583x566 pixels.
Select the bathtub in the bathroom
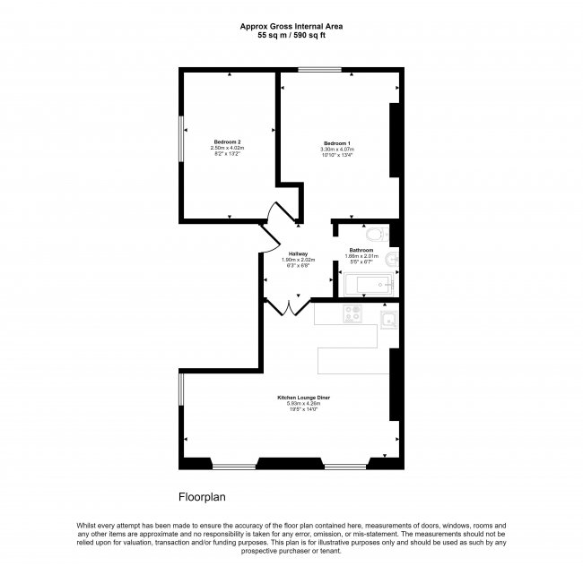point(368,286)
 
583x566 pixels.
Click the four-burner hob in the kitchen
point(352,315)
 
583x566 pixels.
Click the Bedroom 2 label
point(226,142)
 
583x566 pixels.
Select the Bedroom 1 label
point(336,142)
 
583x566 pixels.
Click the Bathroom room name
point(361,250)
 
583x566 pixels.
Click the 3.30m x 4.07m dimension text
point(337,149)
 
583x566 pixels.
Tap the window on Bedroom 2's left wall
point(180,139)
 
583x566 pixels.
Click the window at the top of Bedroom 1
point(320,70)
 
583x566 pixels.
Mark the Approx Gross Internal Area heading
point(291,26)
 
